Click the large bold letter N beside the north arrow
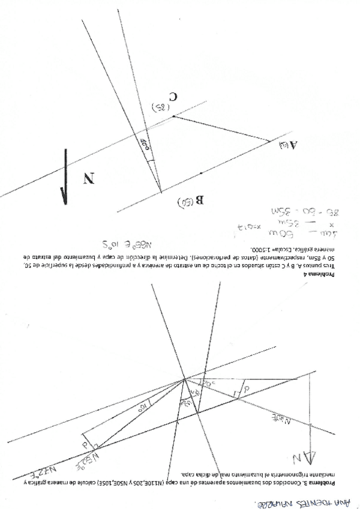tap(89, 178)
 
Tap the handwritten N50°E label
tap(87, 462)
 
